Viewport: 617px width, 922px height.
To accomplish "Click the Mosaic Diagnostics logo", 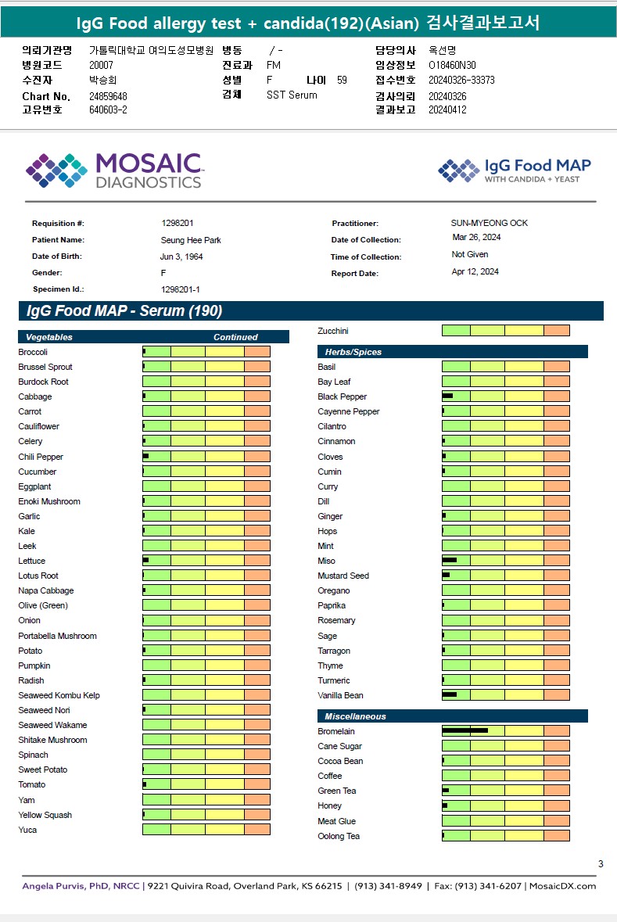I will (x=114, y=170).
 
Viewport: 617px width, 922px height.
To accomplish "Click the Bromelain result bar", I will (x=505, y=731).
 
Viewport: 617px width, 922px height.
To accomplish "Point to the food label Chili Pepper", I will (x=41, y=457).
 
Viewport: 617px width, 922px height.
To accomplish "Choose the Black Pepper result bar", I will (x=505, y=396).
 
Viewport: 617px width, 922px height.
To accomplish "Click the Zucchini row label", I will (x=333, y=331).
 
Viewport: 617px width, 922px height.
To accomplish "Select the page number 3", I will (x=601, y=864).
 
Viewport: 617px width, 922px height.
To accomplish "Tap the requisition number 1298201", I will (x=178, y=224).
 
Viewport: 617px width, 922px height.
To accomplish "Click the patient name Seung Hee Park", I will (x=191, y=240).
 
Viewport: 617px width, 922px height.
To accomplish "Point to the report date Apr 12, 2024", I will (x=475, y=272).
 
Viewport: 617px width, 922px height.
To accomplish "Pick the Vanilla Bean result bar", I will (x=505, y=695).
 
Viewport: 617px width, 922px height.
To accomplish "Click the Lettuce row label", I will (x=32, y=561).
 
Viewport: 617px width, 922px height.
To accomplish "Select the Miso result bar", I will (x=505, y=561).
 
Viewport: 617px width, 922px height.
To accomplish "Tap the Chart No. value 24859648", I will (x=108, y=96).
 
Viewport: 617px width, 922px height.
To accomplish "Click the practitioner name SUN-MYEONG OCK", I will (x=489, y=223).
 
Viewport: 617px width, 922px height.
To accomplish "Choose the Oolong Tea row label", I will (x=339, y=836).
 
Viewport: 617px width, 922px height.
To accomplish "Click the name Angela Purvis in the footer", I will (x=52, y=886).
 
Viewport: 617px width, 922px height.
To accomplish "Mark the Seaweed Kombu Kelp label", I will (x=59, y=695).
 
